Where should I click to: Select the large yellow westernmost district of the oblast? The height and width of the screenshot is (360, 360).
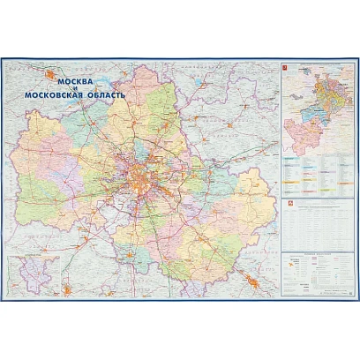coord(35,168)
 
